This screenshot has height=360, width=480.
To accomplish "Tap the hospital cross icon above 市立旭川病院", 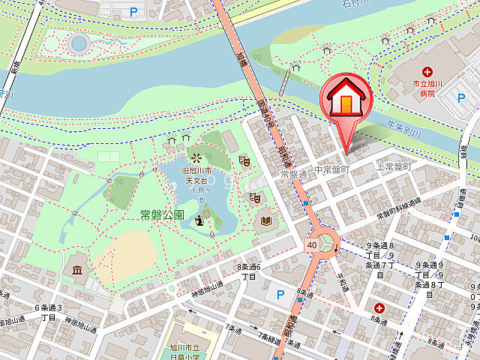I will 427,72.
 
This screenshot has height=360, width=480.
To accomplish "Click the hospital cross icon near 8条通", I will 379,308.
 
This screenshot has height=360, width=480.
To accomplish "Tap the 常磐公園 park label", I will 162,214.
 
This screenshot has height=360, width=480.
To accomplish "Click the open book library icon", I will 265,220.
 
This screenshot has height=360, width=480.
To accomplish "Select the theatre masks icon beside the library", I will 255,197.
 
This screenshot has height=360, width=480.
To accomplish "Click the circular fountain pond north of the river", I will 78,43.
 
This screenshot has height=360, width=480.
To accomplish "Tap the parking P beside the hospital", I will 463,98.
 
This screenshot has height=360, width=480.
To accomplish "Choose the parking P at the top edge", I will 134,11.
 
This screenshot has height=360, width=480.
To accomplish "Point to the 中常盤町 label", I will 331,171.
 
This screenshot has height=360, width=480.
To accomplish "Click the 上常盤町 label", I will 394,166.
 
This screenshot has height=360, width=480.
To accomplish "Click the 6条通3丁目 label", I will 48,312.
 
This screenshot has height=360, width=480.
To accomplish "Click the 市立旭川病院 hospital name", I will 427,89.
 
